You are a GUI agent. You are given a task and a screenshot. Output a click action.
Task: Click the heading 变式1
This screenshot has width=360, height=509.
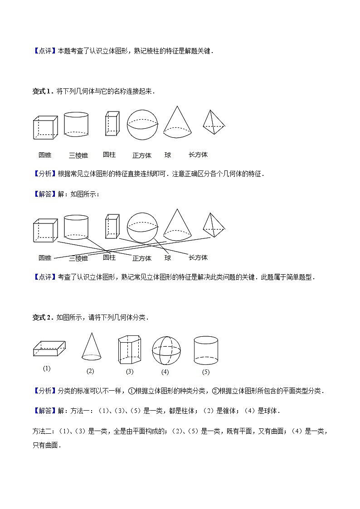(x=43, y=91)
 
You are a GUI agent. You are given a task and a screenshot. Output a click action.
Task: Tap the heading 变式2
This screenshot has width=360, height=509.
(x=43, y=317)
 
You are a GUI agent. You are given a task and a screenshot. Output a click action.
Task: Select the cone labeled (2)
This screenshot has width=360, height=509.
(x=91, y=347)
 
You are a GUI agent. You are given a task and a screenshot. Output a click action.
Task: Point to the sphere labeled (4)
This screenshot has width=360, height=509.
(x=166, y=350)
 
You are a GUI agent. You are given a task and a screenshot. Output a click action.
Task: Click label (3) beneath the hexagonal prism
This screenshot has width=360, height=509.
(x=130, y=372)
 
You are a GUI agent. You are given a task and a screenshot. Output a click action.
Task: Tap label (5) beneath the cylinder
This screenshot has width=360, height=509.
(x=205, y=372)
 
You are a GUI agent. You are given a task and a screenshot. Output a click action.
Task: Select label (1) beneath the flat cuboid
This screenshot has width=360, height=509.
(x=47, y=368)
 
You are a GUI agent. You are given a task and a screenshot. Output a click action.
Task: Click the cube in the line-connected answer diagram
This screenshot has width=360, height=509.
(x=45, y=230)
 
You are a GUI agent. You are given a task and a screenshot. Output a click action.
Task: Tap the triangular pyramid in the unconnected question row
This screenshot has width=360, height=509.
(x=213, y=122)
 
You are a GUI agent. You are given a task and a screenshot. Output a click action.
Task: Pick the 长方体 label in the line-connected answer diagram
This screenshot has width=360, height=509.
(x=198, y=257)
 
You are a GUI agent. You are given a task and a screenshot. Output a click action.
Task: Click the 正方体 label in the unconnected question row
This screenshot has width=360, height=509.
(x=142, y=155)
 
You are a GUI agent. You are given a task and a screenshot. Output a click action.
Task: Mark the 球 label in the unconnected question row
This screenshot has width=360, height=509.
(x=168, y=155)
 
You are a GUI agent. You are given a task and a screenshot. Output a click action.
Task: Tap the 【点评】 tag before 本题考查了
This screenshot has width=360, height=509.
(x=44, y=51)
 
